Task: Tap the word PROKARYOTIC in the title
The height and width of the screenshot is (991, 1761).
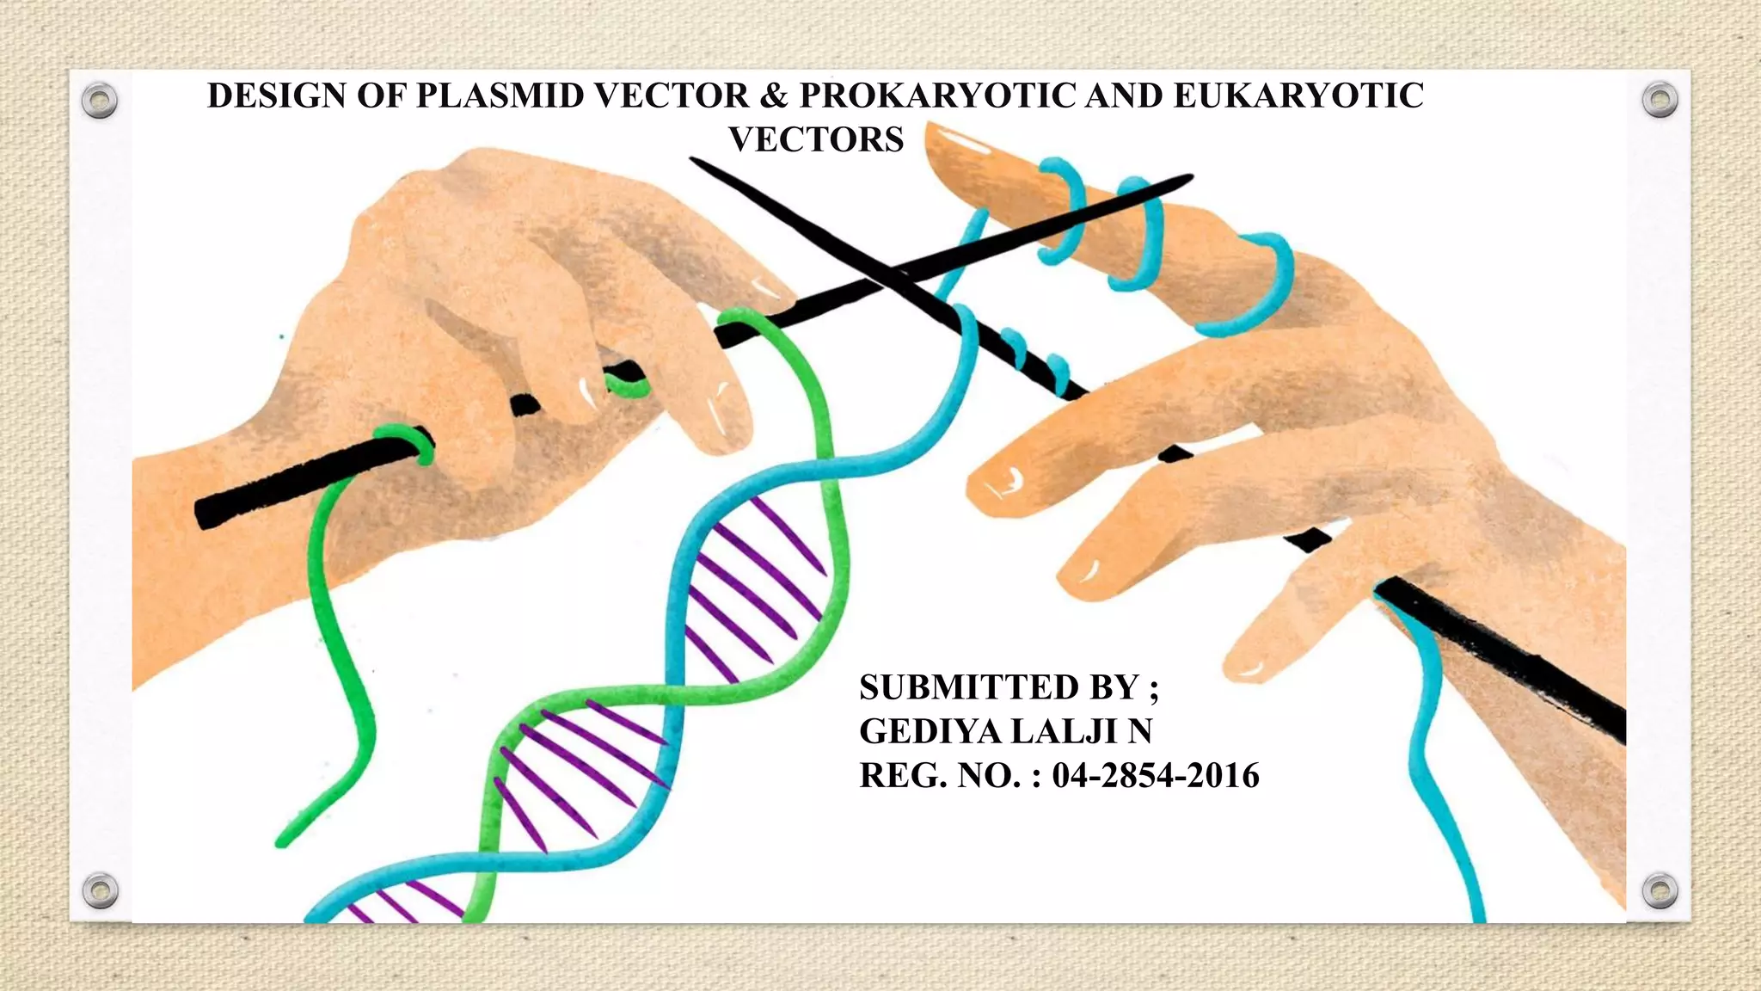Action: click(x=937, y=95)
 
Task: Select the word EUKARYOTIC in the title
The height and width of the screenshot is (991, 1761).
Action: click(x=1298, y=95)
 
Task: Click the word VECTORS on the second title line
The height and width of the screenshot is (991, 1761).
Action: click(x=816, y=139)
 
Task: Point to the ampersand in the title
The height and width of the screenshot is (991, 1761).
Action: click(x=774, y=95)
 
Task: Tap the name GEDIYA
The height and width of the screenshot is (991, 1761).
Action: click(x=931, y=731)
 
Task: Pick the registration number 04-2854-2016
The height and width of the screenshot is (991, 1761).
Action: click(x=1156, y=775)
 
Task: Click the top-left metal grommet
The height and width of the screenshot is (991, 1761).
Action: click(x=100, y=101)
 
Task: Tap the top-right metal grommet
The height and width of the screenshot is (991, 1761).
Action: click(x=1660, y=101)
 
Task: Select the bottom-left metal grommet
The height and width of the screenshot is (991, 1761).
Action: click(x=100, y=890)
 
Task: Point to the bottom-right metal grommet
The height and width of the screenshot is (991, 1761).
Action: click(x=1660, y=890)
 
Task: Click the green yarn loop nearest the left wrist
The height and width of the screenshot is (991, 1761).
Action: click(x=404, y=440)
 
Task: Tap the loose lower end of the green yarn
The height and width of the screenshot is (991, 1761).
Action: click(x=281, y=840)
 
